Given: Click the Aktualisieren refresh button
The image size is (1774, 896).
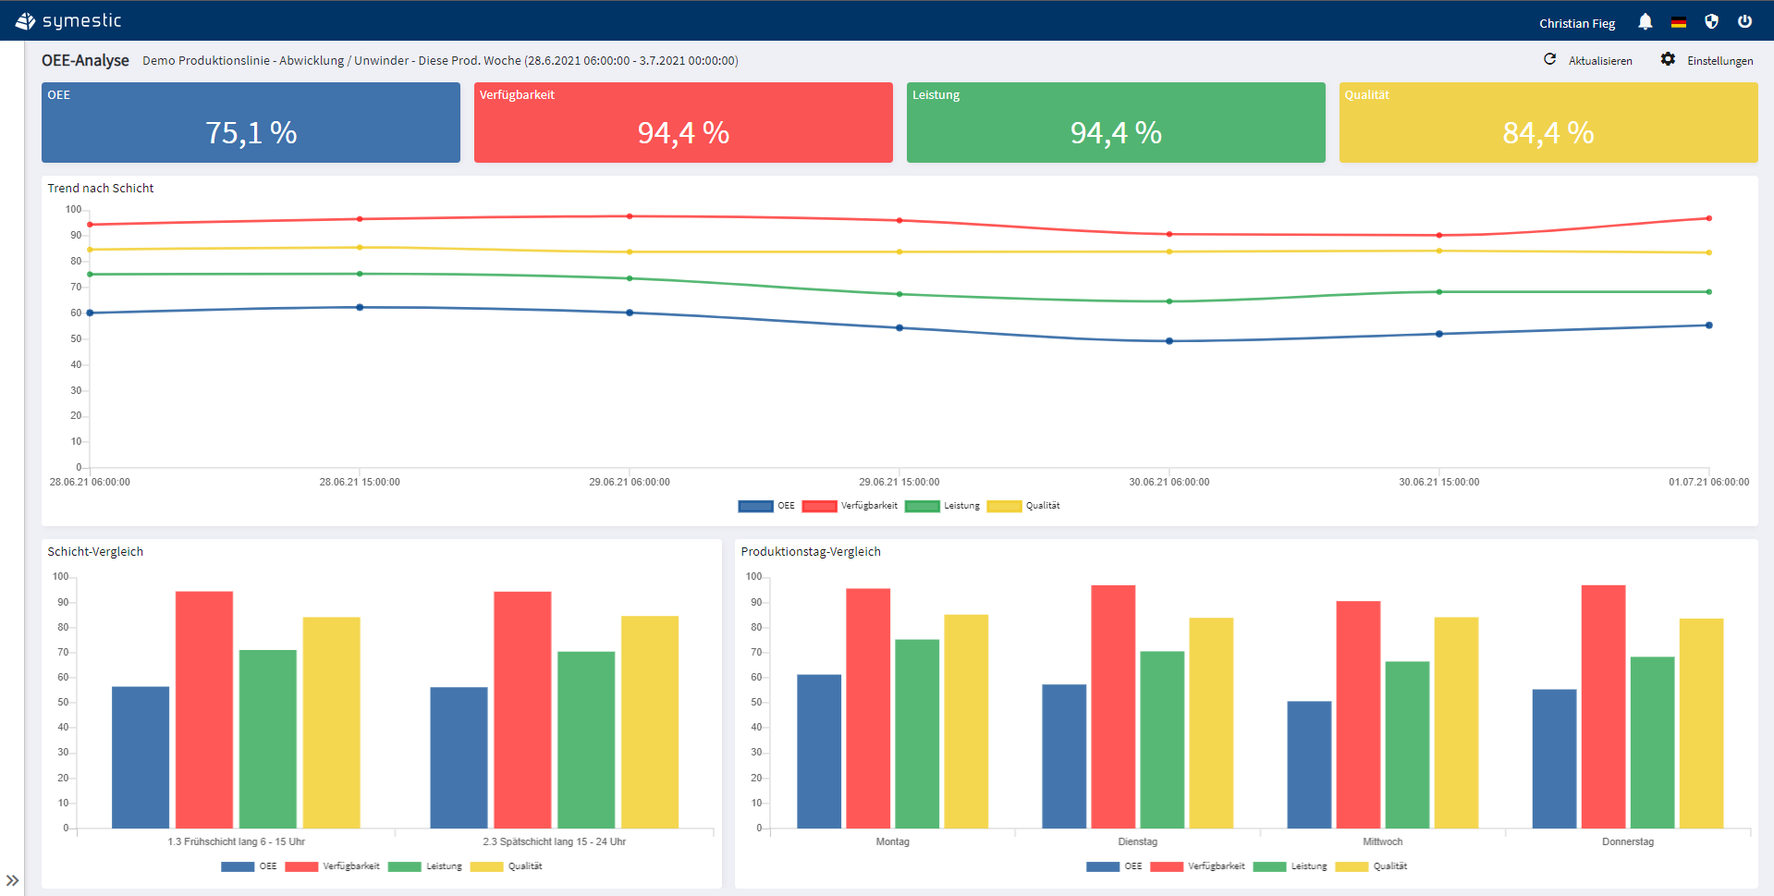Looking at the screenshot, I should tap(1588, 60).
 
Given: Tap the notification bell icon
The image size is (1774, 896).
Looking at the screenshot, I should tap(1646, 22).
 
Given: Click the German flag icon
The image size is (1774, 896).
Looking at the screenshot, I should tap(1679, 22).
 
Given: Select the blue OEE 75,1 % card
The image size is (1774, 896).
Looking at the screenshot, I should tap(251, 123).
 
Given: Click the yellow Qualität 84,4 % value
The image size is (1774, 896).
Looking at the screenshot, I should tap(1548, 133).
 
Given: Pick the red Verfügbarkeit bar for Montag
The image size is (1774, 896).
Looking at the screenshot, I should tap(868, 707).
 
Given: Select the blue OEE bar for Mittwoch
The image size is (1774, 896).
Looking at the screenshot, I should tap(1309, 764).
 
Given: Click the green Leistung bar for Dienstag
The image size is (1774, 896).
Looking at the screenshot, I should tap(1162, 739).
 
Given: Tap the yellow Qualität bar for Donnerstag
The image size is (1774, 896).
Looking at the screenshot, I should tap(1701, 722).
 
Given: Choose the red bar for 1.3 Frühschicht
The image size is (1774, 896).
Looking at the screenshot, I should tap(204, 709).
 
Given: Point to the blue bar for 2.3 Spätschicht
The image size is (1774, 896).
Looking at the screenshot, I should tap(459, 756).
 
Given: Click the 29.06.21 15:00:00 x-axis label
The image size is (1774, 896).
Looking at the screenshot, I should tap(899, 482).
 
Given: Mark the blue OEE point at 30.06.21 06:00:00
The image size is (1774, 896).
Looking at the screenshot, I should tap(1169, 341).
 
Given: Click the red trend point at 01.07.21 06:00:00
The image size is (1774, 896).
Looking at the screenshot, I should tap(1708, 218).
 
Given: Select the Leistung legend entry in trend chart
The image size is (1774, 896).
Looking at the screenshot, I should tap(944, 506).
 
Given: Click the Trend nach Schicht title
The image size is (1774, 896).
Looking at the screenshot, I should tap(101, 188).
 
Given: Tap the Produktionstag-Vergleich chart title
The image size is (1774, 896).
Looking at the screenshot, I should tap(811, 551).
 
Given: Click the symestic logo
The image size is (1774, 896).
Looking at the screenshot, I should tap(69, 20).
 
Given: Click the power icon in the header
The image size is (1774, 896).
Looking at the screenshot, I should tap(1744, 22).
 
